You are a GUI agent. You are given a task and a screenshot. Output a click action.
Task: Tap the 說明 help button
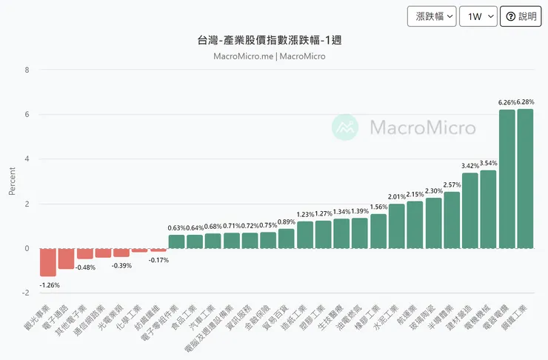click(x=521, y=16)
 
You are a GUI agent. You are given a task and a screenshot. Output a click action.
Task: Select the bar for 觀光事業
click(x=48, y=262)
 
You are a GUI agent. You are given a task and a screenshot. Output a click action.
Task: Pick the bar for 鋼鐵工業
click(x=525, y=179)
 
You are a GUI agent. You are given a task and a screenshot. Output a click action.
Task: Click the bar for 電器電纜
click(x=507, y=179)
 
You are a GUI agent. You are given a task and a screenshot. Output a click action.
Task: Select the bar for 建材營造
click(x=470, y=210)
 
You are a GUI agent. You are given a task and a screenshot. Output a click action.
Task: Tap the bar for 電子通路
click(x=66, y=259)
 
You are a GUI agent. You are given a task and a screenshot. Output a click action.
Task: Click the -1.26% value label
click(x=48, y=285)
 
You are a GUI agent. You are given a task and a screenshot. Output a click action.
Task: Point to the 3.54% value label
click(x=488, y=163)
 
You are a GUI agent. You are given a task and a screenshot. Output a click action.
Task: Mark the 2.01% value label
click(x=397, y=196)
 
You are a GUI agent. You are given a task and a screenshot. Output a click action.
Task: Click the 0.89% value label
click(x=287, y=221)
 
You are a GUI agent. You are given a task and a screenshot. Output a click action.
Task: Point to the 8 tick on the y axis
click(x=27, y=70)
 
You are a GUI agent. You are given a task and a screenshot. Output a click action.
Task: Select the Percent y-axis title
click(x=12, y=181)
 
